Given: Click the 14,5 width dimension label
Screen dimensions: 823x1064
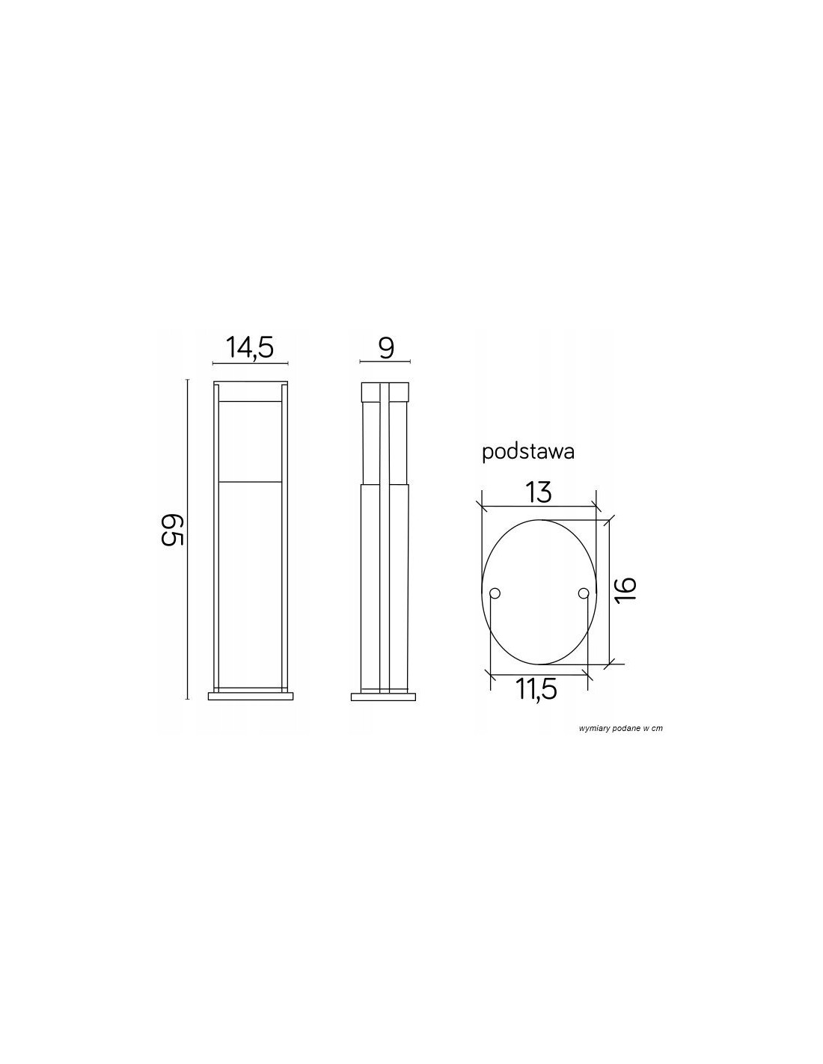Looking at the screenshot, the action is (x=249, y=348).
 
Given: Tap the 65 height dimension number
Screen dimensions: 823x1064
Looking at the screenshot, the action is (x=172, y=530).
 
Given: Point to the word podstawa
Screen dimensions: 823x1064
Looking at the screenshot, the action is (x=527, y=453).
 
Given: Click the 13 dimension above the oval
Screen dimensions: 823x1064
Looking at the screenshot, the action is (x=539, y=492).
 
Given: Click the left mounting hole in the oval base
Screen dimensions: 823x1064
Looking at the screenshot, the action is (x=495, y=593).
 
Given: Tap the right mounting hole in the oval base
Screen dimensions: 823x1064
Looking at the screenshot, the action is (x=583, y=593).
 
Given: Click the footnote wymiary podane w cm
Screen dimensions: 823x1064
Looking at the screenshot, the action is (x=620, y=728).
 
